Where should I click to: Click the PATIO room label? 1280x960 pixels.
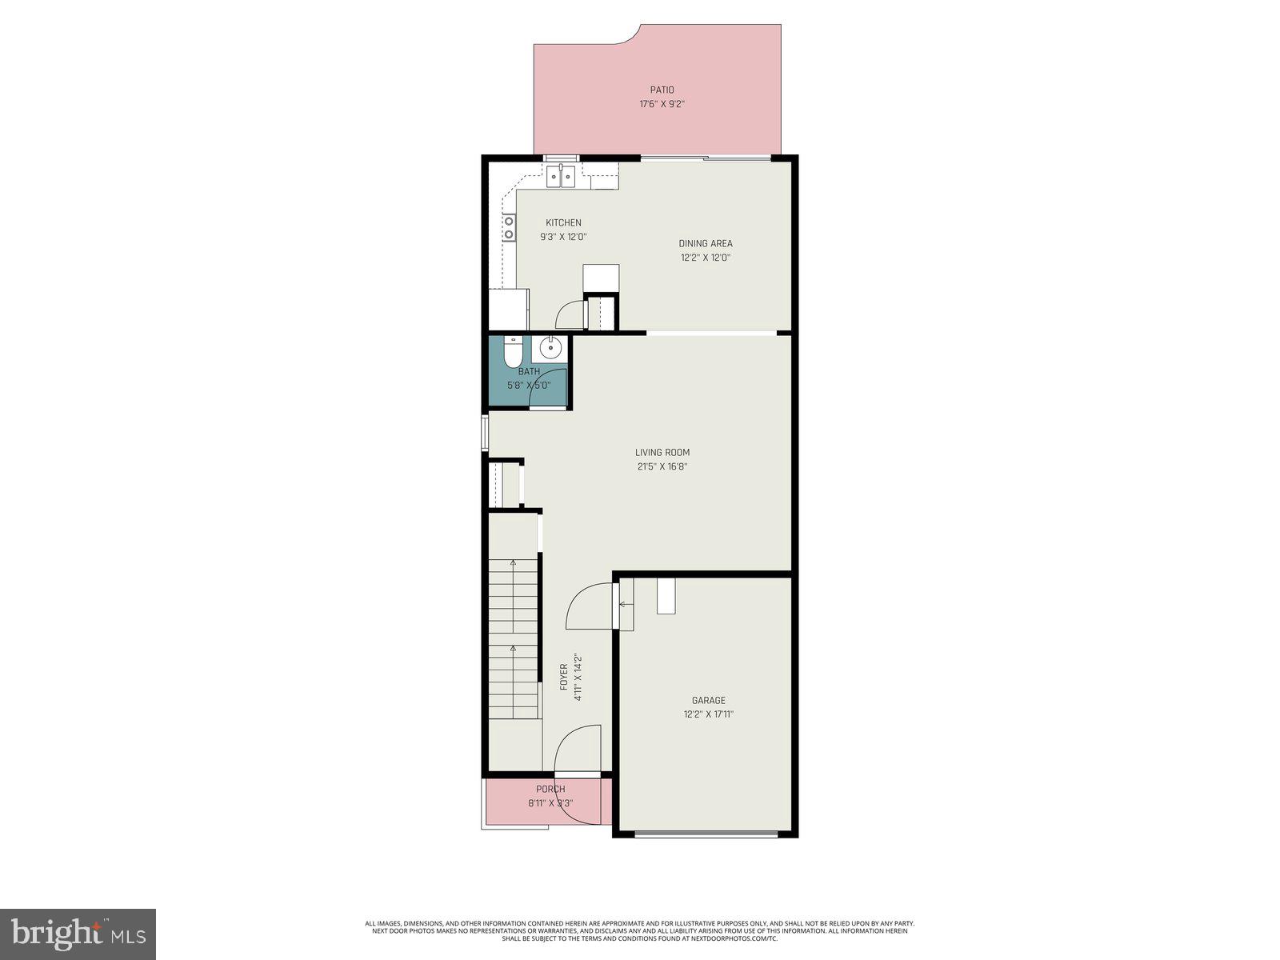(662, 90)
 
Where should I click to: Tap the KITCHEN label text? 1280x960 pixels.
(563, 223)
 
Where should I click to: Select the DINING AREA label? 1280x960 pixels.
(705, 244)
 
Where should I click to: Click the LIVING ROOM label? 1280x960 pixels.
(662, 453)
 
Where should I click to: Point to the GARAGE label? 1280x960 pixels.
(708, 701)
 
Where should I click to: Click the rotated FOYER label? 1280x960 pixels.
(563, 677)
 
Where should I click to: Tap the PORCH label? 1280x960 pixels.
(550, 790)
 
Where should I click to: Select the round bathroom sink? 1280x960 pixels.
(550, 348)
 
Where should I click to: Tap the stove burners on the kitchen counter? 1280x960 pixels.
(509, 227)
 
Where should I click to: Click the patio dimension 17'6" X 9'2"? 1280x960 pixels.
(662, 104)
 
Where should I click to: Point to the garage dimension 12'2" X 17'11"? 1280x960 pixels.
(708, 714)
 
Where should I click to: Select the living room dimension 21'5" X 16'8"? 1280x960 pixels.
(662, 466)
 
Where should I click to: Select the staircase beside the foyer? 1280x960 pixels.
(513, 640)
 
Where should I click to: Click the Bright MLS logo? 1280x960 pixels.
(78, 934)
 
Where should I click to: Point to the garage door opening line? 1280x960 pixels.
(706, 834)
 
